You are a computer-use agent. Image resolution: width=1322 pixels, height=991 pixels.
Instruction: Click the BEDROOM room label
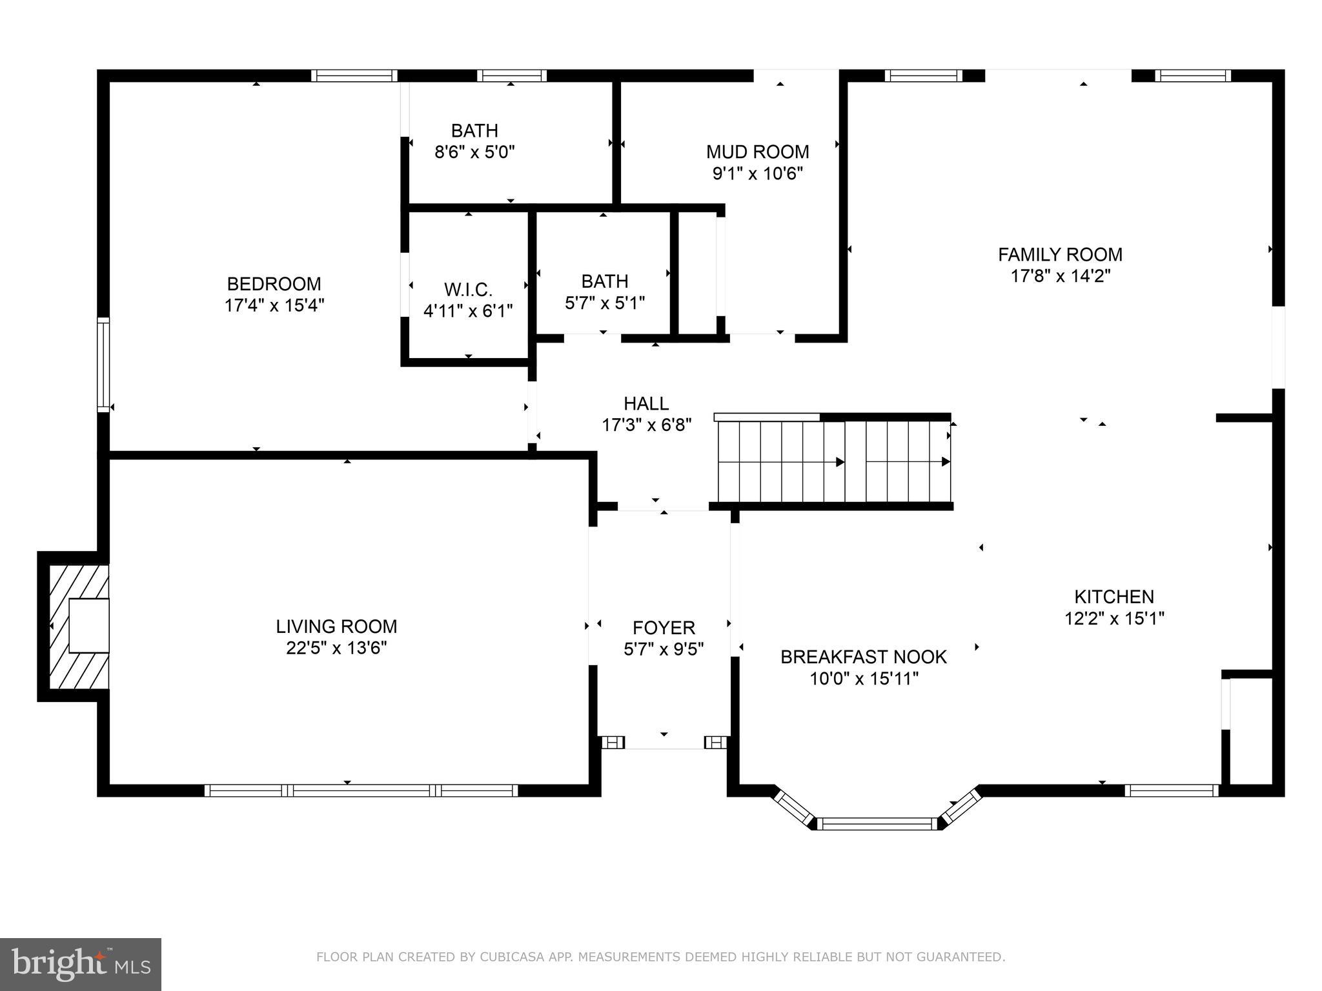point(274,284)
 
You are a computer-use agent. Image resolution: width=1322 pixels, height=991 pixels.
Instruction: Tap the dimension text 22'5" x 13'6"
point(336,648)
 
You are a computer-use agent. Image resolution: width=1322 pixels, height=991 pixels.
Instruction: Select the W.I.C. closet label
point(468,289)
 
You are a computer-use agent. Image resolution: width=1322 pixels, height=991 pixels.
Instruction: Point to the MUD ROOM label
point(757,152)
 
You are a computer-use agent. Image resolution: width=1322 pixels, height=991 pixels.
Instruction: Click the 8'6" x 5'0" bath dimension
point(474,152)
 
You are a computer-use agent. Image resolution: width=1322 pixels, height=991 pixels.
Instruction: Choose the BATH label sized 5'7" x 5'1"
point(604,281)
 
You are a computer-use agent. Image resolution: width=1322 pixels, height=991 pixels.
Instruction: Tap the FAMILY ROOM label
point(1060,254)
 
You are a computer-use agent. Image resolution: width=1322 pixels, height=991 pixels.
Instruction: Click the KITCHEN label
point(1114,596)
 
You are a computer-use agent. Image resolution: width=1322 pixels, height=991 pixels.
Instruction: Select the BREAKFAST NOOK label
point(863,657)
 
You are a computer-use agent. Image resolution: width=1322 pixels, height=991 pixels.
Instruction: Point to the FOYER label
point(664,627)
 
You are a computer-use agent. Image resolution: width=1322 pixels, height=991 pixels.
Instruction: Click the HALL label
point(646,403)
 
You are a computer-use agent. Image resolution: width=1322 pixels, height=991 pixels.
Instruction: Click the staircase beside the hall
point(833,461)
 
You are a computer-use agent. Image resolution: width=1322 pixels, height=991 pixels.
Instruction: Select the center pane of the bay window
point(877,823)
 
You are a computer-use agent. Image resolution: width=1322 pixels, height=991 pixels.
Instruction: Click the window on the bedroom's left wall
point(103,365)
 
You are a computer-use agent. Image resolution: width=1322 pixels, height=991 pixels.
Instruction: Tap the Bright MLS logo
point(81,964)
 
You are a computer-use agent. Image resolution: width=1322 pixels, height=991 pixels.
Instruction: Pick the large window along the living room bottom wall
point(361,790)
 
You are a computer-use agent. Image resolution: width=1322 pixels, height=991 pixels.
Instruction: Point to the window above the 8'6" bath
point(512,75)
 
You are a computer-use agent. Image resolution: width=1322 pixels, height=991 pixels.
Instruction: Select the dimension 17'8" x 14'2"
point(1060,276)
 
